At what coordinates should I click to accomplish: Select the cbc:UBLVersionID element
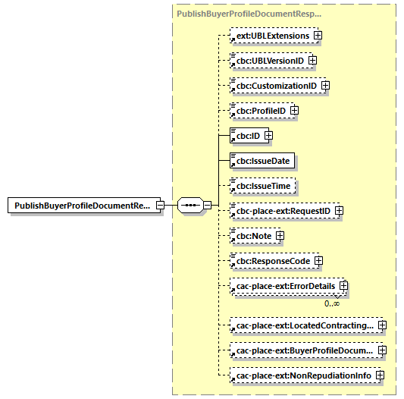(x=268, y=61)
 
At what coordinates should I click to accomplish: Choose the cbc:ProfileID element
(x=259, y=111)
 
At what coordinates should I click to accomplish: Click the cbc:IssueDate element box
(x=262, y=161)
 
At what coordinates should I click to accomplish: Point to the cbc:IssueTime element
(x=262, y=186)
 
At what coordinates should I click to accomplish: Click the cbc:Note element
(x=252, y=236)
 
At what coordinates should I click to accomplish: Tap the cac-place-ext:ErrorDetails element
(x=285, y=286)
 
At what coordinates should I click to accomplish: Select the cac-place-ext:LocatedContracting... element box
(x=304, y=325)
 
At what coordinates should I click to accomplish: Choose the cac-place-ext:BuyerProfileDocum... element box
(x=304, y=350)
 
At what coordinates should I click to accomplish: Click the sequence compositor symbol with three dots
(x=190, y=206)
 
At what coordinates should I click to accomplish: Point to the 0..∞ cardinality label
(x=332, y=303)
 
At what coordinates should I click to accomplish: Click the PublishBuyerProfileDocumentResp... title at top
(x=249, y=14)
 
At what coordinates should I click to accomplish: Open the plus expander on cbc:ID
(x=268, y=136)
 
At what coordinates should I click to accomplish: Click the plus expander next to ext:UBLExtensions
(x=318, y=36)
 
